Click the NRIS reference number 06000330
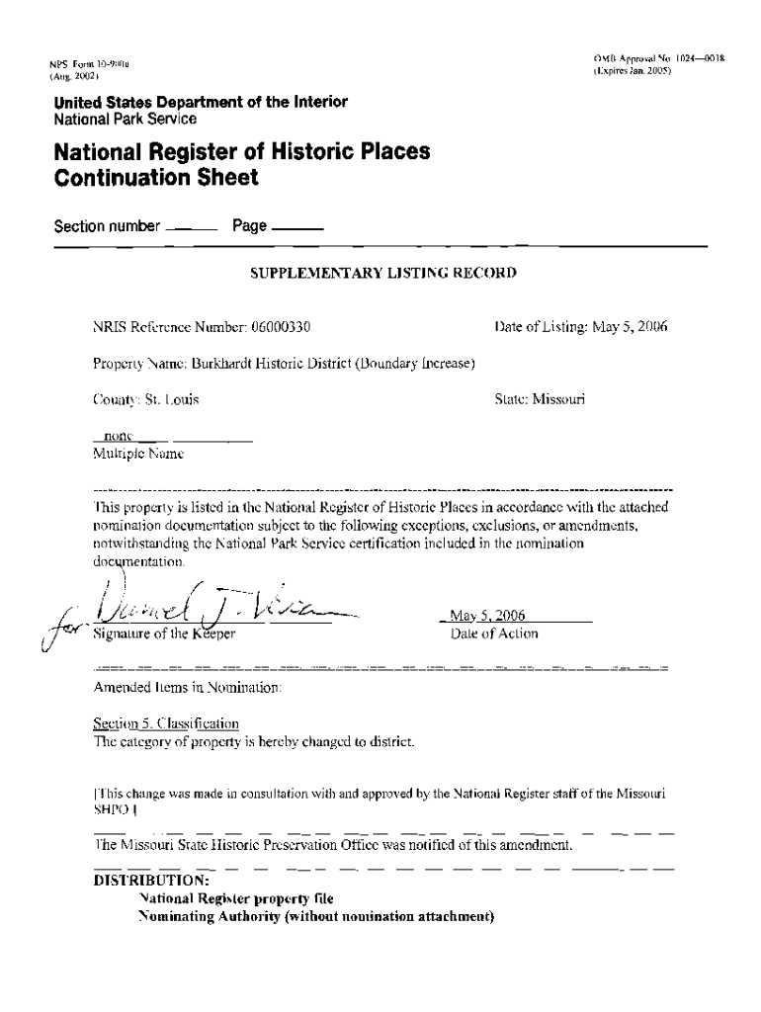(x=283, y=325)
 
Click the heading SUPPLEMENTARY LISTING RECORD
(x=383, y=272)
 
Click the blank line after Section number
(x=192, y=229)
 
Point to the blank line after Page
(x=296, y=229)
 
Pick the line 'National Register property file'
(x=236, y=899)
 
